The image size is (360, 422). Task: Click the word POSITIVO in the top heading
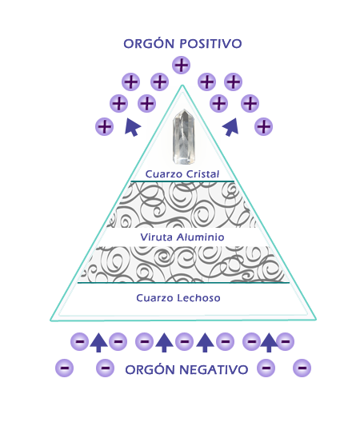pos(210,44)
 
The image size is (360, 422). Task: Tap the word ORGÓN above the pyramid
pos(149,43)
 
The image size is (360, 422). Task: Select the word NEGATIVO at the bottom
pos(214,369)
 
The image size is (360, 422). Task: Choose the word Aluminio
pos(201,237)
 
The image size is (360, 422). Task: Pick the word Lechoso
pos(199,298)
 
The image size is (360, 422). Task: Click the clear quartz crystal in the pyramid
pos(184,137)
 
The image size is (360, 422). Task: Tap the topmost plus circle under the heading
pos(181,65)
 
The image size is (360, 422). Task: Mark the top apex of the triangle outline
pos(182,86)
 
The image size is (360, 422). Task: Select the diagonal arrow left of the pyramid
pos(133,127)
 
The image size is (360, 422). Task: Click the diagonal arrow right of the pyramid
pos(231,127)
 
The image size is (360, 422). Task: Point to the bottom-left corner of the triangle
pos(50,320)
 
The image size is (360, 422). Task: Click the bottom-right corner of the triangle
pos(315,320)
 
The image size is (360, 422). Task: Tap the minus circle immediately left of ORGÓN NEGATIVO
pos(105,368)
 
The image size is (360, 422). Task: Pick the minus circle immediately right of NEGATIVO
pos(266,368)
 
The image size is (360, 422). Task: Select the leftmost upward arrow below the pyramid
pos(98,343)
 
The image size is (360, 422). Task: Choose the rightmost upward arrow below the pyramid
pos(269,343)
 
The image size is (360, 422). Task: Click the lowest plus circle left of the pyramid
pos(105,126)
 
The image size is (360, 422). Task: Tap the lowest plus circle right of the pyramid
pos(263,126)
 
